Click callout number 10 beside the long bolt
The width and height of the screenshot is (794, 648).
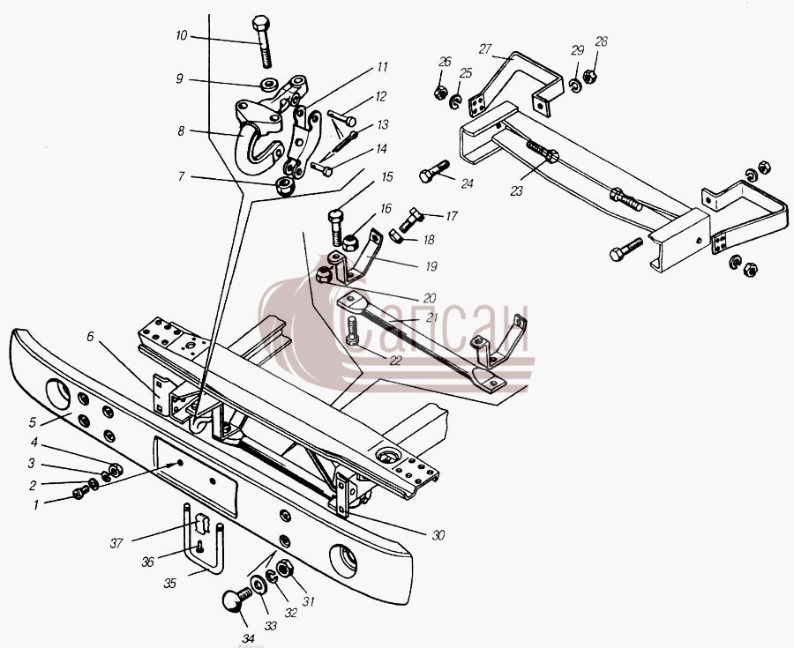click(x=181, y=36)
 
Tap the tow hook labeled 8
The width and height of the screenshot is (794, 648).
click(x=258, y=138)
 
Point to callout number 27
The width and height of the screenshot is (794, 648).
click(x=485, y=49)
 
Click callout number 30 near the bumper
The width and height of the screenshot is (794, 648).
click(x=438, y=535)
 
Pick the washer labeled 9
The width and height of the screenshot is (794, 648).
click(x=269, y=84)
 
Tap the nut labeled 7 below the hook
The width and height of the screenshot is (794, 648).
click(x=285, y=186)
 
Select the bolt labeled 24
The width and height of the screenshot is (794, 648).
click(x=434, y=172)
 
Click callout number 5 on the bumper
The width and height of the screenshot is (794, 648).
click(x=33, y=422)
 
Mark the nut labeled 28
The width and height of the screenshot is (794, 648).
click(x=589, y=77)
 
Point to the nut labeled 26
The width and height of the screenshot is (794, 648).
click(x=440, y=93)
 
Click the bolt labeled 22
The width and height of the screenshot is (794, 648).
click(x=352, y=331)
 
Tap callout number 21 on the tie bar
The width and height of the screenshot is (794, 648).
click(x=431, y=317)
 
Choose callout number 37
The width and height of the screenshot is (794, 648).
click(x=116, y=543)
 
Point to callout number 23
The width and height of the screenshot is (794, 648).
click(x=516, y=191)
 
